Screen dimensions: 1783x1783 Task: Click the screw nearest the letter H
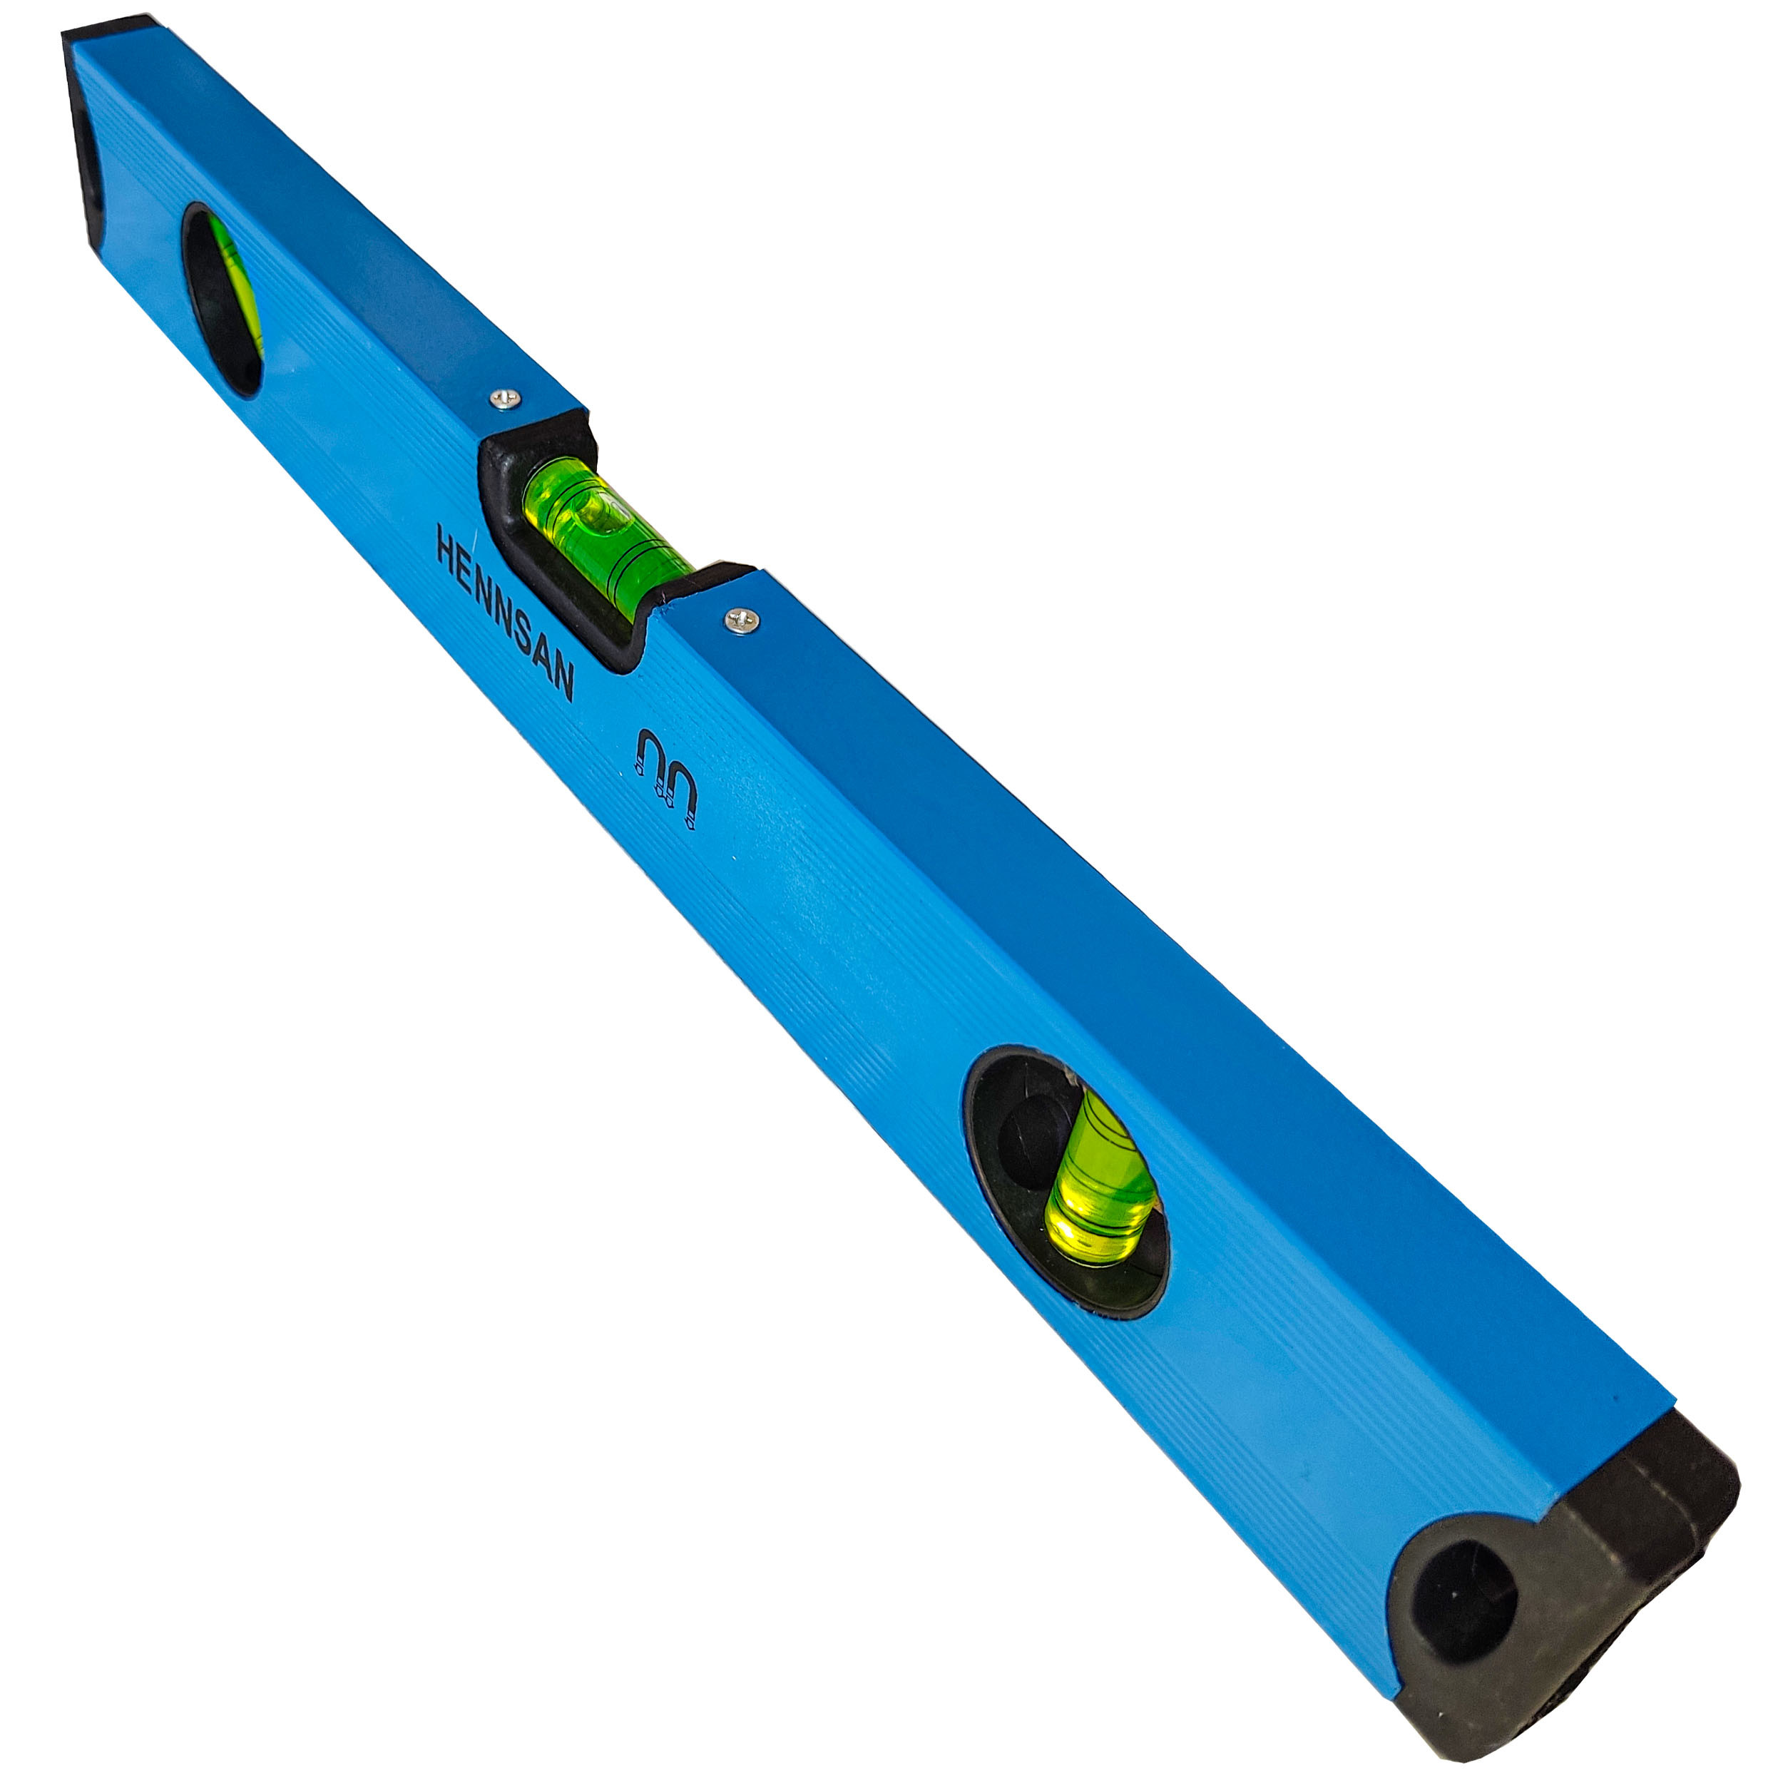point(505,399)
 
